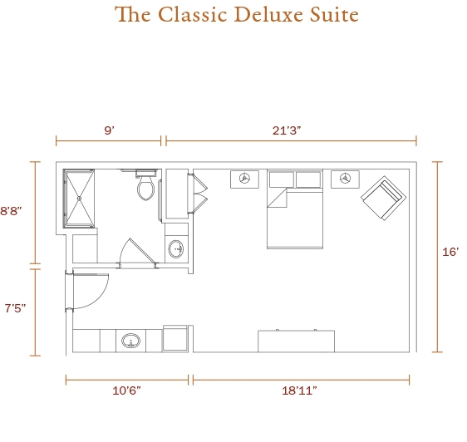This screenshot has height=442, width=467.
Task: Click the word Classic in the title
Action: pyautogui.click(x=192, y=14)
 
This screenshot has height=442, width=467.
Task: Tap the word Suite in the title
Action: pyautogui.click(x=334, y=14)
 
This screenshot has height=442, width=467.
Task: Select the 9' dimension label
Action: pyautogui.click(x=110, y=130)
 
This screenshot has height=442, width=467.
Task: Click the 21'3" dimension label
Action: pyautogui.click(x=287, y=130)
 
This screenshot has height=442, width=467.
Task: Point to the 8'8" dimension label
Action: pyautogui.click(x=11, y=211)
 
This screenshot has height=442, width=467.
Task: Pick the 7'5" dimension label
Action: pyautogui.click(x=15, y=308)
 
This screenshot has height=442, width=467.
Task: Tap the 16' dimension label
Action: pyautogui.click(x=450, y=252)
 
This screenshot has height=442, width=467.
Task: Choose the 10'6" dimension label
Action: pyautogui.click(x=126, y=390)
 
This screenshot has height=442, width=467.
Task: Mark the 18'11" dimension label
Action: pyautogui.click(x=299, y=390)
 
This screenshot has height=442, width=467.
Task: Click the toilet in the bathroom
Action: pyautogui.click(x=145, y=184)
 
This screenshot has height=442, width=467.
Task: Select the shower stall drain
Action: pyautogui.click(x=79, y=199)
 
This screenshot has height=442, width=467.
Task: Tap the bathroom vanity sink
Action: pyautogui.click(x=176, y=249)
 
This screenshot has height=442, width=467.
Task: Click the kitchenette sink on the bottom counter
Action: pyautogui.click(x=130, y=341)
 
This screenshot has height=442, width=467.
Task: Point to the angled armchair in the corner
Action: pyautogui.click(x=384, y=198)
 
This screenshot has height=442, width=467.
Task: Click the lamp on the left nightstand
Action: pyautogui.click(x=244, y=179)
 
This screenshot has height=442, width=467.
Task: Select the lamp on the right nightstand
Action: pyautogui.click(x=345, y=179)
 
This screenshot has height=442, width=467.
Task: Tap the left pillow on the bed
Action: pyautogui.click(x=282, y=179)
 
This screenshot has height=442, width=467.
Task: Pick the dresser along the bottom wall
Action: pyautogui.click(x=296, y=341)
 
